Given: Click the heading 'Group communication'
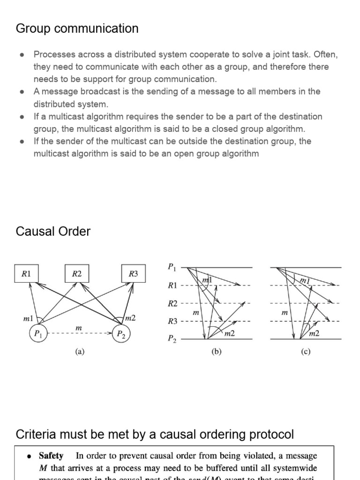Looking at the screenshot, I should coord(77,29).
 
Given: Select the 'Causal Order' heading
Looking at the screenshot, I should coord(53,232).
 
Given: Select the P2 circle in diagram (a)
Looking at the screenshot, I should coord(121,334).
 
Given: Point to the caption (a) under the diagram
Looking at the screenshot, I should coord(80,352).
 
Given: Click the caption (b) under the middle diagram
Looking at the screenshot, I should coord(216,352).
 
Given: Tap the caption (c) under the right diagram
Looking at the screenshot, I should coord(306,352).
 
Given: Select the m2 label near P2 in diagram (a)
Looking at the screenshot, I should coord(130,318).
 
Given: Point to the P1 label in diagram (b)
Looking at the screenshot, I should coord(172,267).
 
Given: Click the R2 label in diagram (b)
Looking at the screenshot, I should coord(173,303).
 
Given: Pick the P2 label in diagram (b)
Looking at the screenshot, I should coord(172,339).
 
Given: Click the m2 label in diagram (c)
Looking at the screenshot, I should coord(314,333).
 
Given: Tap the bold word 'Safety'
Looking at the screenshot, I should coord(51,455).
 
